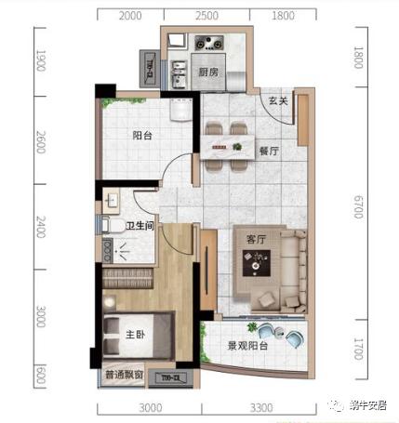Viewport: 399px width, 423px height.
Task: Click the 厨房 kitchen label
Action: (x=207, y=71)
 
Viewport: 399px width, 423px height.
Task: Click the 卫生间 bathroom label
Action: (x=140, y=225)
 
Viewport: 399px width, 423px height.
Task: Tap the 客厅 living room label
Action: (x=257, y=239)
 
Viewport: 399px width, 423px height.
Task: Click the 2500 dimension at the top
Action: (x=206, y=16)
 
